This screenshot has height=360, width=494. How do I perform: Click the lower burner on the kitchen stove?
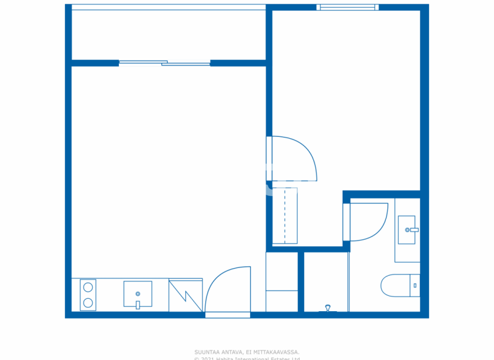(x=88, y=303)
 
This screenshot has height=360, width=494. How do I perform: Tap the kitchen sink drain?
(x=138, y=294)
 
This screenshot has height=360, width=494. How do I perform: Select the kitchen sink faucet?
(x=138, y=305)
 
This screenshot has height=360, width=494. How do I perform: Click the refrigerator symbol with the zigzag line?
(x=185, y=295)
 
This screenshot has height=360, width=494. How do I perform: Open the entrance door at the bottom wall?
(x=228, y=292)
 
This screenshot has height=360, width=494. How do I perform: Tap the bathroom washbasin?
(x=407, y=230)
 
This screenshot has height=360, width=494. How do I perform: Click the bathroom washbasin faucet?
(x=414, y=230)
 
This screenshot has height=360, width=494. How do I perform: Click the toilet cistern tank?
(x=415, y=285)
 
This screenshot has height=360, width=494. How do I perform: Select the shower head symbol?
(x=329, y=308)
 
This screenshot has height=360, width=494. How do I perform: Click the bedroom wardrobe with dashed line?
(x=284, y=216)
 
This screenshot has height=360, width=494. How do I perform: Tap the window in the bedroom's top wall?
(x=347, y=8)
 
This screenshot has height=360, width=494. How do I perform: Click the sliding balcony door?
(x=165, y=63)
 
